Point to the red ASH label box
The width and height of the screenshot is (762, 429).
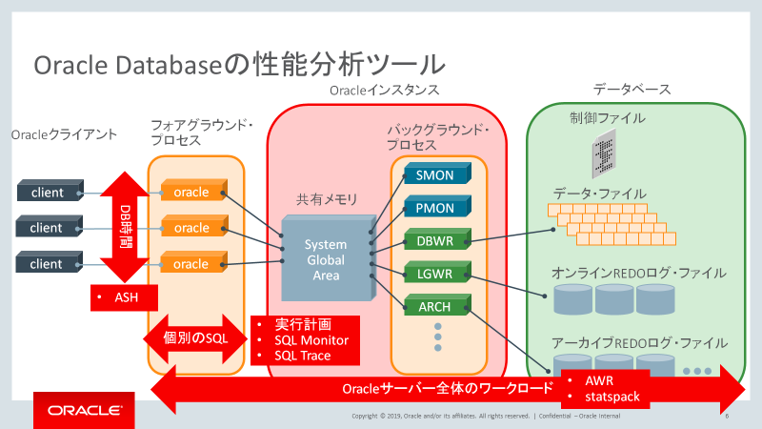click(127, 297)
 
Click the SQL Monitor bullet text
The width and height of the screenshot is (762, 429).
click(311, 340)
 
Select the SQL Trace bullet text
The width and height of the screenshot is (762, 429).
click(302, 356)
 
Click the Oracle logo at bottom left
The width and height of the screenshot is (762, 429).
click(84, 411)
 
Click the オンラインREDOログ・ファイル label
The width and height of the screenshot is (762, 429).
click(638, 273)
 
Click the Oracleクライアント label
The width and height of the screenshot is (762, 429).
click(64, 134)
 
